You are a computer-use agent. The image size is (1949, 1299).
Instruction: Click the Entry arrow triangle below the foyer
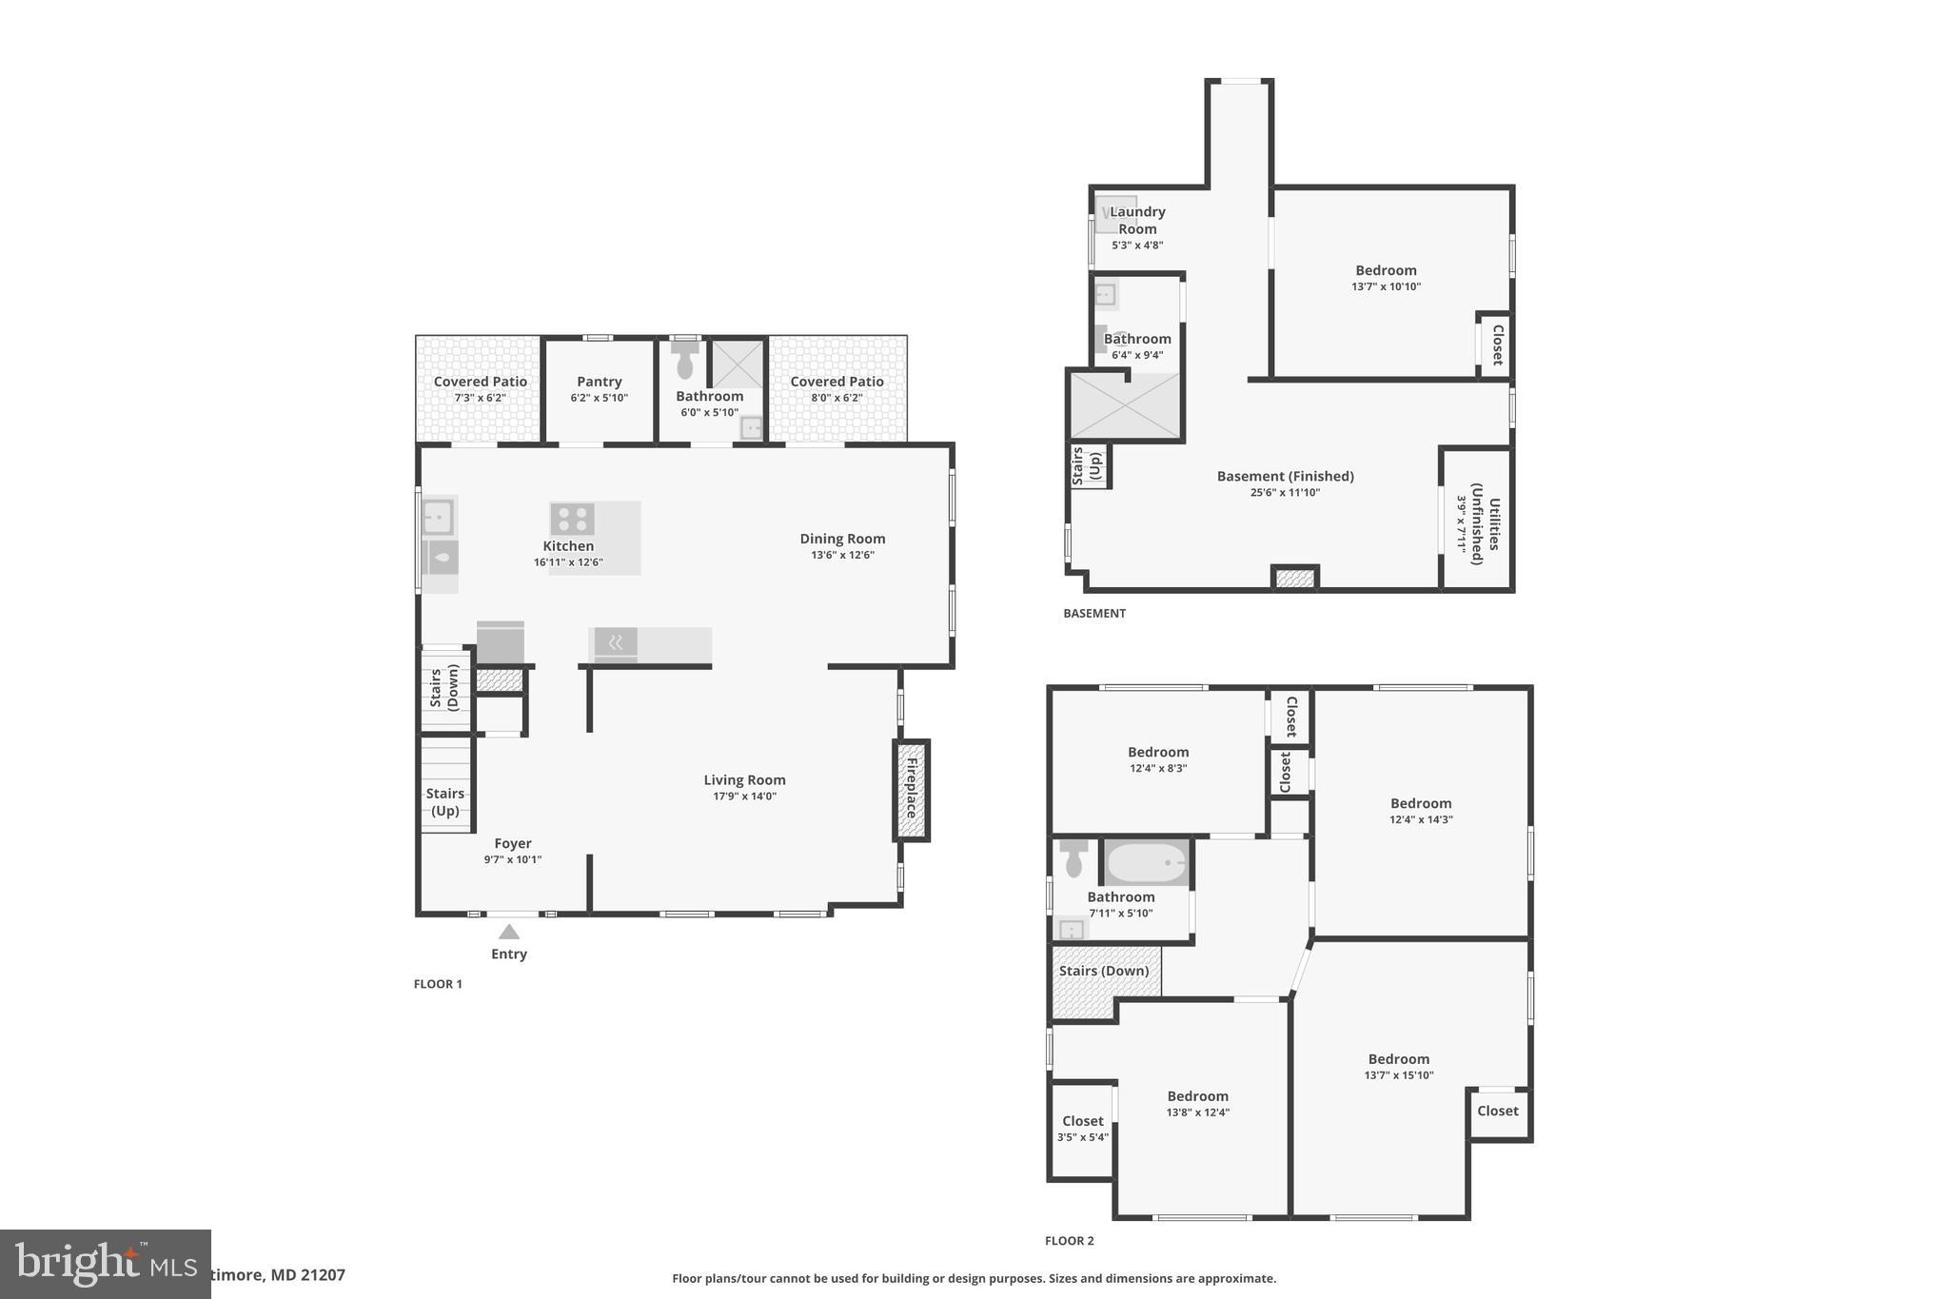[x=509, y=932]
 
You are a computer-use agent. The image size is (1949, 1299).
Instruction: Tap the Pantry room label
[x=599, y=382]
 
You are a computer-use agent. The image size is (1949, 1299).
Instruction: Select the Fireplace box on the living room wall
[x=911, y=790]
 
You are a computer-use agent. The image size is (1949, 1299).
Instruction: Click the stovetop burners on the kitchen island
[x=572, y=519]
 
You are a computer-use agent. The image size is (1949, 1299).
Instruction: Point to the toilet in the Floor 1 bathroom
[x=684, y=360]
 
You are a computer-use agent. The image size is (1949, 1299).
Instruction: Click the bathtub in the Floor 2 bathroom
[x=1147, y=863]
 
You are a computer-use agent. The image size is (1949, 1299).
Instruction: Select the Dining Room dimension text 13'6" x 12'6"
[x=842, y=555]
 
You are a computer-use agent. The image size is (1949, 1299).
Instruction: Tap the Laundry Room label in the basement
[x=1137, y=220]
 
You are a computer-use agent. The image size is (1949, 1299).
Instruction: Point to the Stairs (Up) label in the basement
[x=1086, y=466]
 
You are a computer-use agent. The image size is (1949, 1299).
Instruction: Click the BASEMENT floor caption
[x=1094, y=614]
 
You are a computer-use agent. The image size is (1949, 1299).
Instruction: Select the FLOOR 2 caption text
[x=1070, y=1241]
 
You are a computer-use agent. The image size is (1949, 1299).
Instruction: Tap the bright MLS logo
[x=105, y=1264]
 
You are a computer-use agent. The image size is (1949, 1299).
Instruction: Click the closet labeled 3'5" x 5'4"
[x=1082, y=1129]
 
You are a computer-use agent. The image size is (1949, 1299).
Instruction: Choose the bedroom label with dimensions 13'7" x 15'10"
[x=1398, y=1059]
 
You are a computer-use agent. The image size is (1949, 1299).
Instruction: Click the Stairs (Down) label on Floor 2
[x=1104, y=971]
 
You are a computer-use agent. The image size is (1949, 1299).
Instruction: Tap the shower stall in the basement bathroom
[x=1125, y=405]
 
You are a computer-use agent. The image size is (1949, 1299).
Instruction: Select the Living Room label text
[x=744, y=780]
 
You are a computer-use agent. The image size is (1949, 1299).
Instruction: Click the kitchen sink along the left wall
[x=438, y=519]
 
